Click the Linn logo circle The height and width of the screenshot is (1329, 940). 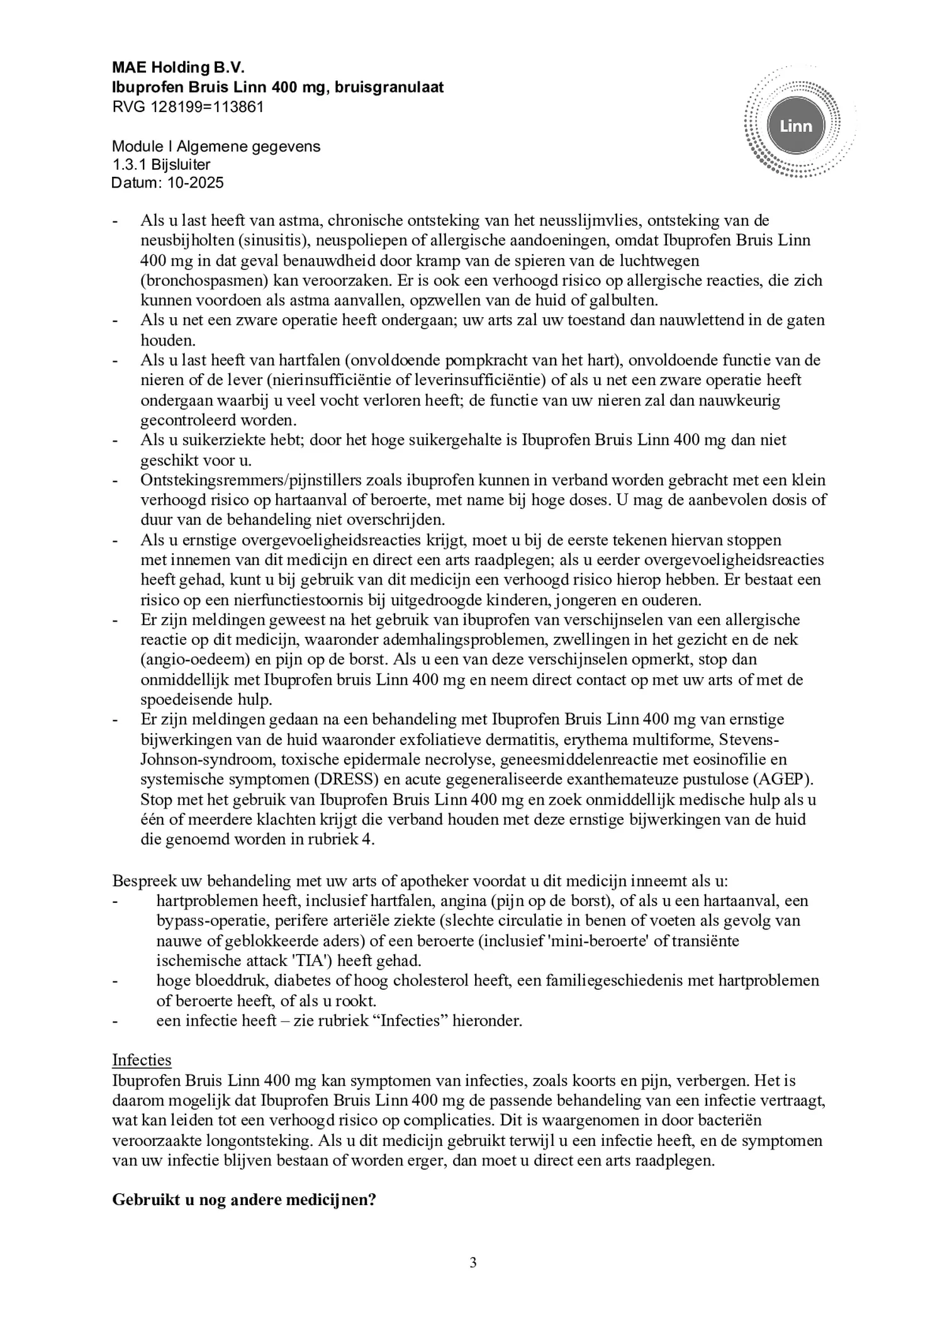pyautogui.click(x=795, y=126)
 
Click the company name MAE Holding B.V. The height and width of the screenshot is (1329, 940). pyautogui.click(x=178, y=67)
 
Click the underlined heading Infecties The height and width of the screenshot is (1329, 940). pyautogui.click(x=142, y=1060)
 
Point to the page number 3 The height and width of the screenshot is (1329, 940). pyautogui.click(x=473, y=1262)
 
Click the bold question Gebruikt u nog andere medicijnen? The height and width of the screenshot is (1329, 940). pyautogui.click(x=244, y=1199)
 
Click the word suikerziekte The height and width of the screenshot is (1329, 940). pyautogui.click(x=220, y=440)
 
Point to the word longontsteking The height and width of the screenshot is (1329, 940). pyautogui.click(x=268, y=1140)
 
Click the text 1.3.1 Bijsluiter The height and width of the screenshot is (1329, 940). pyautogui.click(x=161, y=165)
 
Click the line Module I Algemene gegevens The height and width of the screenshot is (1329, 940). pyautogui.click(x=216, y=147)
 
